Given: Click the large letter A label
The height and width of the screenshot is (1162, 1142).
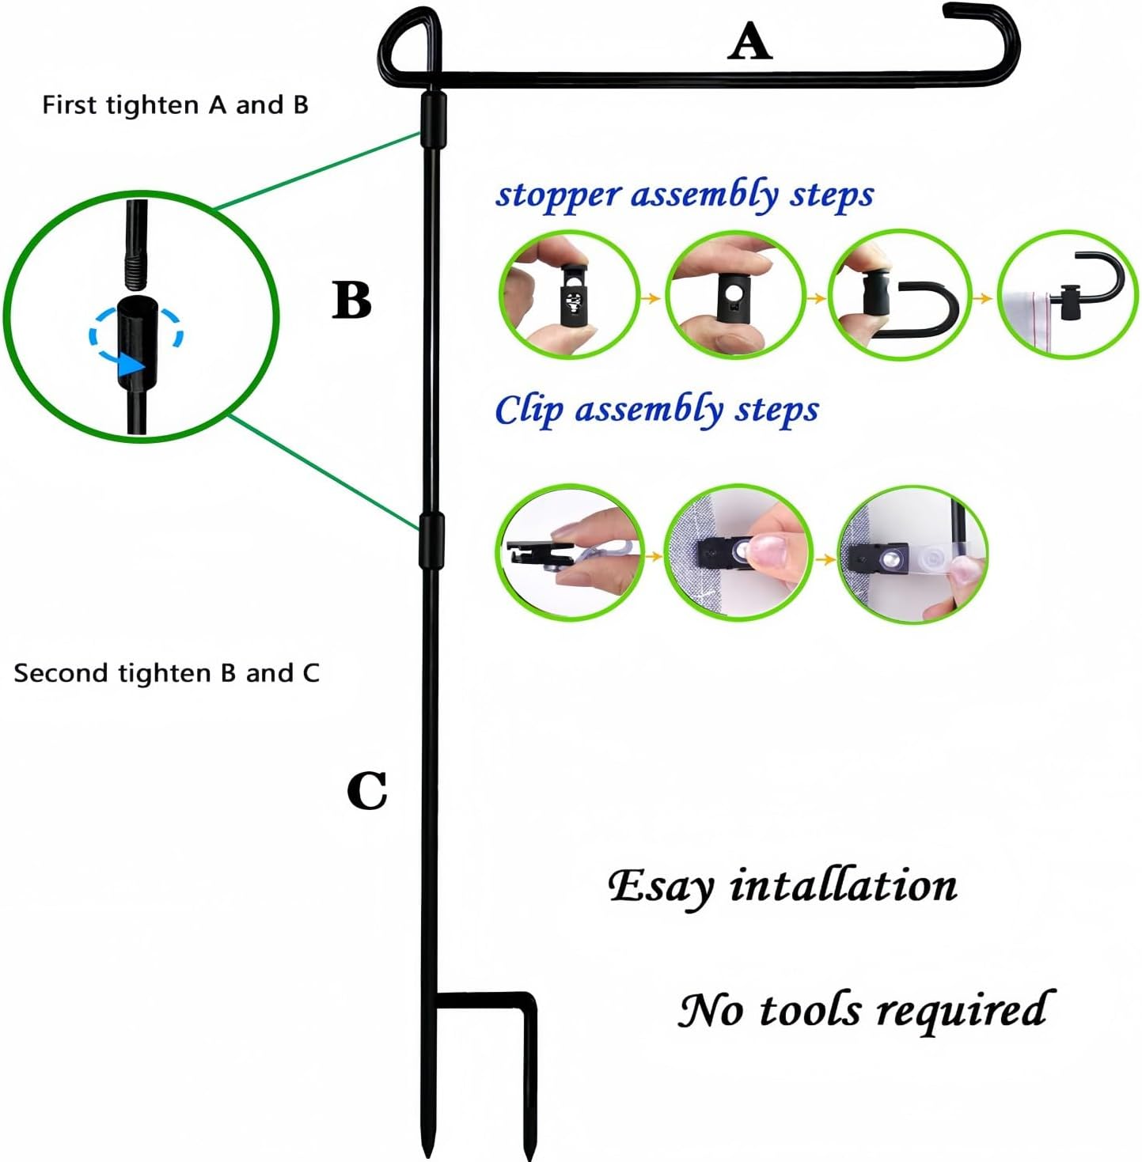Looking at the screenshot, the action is [749, 41].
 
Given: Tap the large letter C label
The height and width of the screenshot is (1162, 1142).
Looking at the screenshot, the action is [367, 790].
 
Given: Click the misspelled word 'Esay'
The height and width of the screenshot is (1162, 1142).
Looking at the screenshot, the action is [661, 887].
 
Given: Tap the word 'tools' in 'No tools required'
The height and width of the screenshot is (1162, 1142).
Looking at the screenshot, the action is [809, 1010].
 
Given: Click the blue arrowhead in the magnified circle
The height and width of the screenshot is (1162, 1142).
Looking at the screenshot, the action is [131, 365].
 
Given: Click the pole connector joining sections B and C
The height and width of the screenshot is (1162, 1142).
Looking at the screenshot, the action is [431, 540].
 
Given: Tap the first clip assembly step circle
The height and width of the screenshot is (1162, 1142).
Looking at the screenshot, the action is [570, 551].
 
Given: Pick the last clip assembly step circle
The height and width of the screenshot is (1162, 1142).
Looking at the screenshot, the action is [913, 554].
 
